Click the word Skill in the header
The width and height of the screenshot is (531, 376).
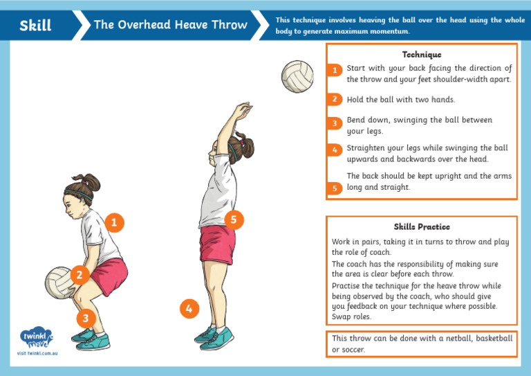tap(35, 26)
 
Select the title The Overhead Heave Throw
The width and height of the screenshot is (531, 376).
tap(170, 25)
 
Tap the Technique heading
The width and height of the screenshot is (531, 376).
tap(421, 54)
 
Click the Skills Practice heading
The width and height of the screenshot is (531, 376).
tap(421, 226)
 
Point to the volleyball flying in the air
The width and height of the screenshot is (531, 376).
tap(297, 75)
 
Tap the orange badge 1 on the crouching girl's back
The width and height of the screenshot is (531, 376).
tap(116, 222)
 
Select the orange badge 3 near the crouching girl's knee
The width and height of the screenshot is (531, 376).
tap(85, 318)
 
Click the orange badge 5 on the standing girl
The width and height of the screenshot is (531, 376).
tap(234, 220)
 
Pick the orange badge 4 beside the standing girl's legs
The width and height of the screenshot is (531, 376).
tap(189, 309)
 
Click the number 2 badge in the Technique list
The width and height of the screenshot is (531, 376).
tap(334, 99)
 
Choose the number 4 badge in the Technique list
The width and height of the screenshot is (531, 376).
tap(334, 150)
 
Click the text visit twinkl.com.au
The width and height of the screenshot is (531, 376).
tap(37, 354)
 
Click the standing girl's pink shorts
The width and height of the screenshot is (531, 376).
tap(217, 244)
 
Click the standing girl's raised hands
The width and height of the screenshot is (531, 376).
tap(241, 110)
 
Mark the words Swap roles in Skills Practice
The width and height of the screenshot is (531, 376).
tap(352, 316)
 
